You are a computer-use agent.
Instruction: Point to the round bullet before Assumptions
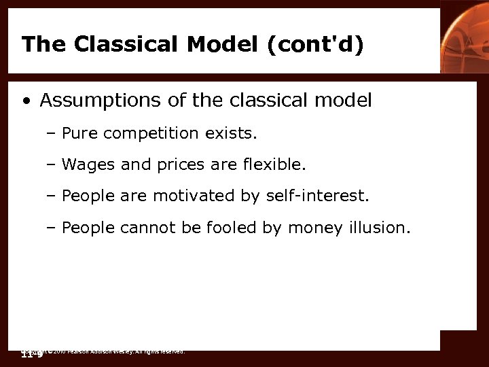[26, 102]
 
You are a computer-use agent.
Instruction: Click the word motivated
[194, 196]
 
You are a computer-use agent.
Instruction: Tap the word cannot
[145, 228]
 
